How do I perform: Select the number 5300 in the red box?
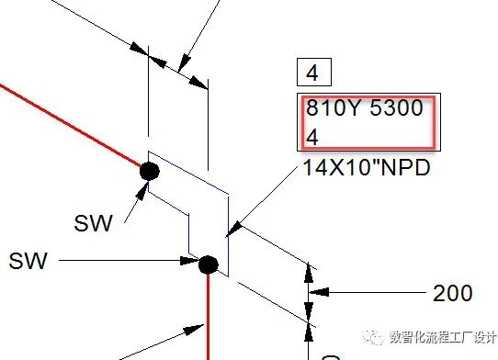(x=396, y=107)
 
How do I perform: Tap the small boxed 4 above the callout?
(x=312, y=73)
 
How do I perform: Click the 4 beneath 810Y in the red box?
(x=312, y=137)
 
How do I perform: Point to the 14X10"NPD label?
(x=367, y=167)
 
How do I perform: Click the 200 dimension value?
(x=453, y=293)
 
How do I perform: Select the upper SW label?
(x=93, y=223)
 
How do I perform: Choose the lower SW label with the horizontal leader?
(x=28, y=261)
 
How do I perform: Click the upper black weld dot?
(x=150, y=171)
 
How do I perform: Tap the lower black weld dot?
(x=209, y=264)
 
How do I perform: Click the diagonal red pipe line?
(x=71, y=125)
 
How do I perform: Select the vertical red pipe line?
(x=209, y=317)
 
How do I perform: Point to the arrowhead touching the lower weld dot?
(x=189, y=261)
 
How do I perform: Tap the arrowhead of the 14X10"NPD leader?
(x=234, y=230)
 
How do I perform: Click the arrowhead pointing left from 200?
(x=319, y=292)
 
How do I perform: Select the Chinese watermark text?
(x=443, y=337)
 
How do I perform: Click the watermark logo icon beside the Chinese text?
(x=373, y=337)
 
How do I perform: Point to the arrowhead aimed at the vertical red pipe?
(x=194, y=330)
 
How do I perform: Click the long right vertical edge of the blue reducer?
(x=229, y=235)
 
